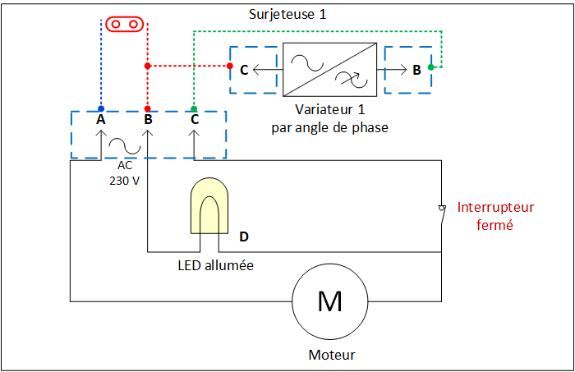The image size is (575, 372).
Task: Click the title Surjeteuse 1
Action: tap(287, 15)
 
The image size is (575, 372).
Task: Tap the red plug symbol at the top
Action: tap(124, 24)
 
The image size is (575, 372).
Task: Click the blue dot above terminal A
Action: tap(101, 109)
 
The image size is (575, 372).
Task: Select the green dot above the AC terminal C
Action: tap(194, 109)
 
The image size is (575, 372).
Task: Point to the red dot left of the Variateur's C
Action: tap(230, 66)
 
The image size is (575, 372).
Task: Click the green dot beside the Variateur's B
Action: tap(431, 67)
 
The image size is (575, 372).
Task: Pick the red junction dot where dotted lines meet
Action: tap(147, 66)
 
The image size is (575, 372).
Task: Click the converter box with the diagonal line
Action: tap(329, 70)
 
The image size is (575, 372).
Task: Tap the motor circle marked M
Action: tap(330, 301)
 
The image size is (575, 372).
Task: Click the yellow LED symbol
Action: tap(209, 205)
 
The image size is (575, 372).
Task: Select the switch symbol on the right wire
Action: tap(442, 214)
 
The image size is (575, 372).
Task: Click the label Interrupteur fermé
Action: tap(495, 216)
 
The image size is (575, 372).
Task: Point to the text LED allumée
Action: tap(215, 265)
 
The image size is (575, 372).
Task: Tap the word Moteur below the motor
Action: tap(332, 355)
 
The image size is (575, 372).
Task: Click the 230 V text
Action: tap(124, 181)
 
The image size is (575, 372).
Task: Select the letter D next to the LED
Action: tap(244, 237)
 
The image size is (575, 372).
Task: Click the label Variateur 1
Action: tap(329, 109)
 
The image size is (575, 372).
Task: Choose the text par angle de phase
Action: tap(329, 128)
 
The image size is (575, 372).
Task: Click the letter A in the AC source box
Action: tap(101, 119)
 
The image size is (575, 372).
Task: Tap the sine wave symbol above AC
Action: tap(125, 145)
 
